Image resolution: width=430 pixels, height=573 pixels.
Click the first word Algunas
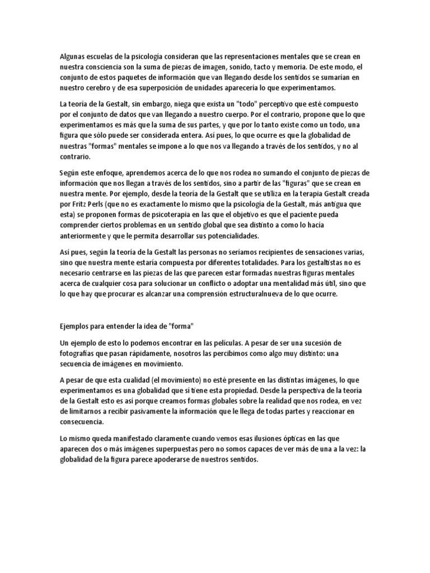74,56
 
